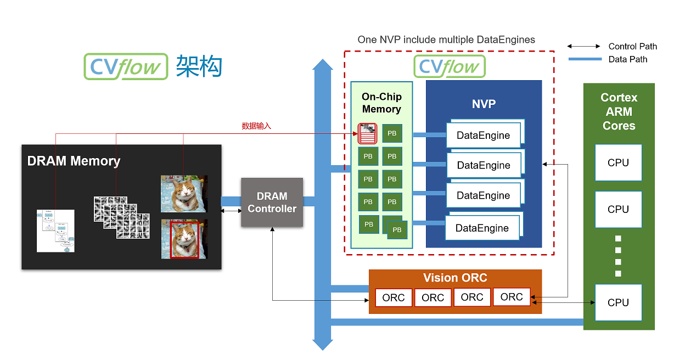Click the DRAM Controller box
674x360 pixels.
272,203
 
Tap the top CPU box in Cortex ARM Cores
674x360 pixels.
618,162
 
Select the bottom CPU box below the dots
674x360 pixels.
618,302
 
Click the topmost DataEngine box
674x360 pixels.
483,136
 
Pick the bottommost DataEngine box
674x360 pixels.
482,228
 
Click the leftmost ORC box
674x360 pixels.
393,298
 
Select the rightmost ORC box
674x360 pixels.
512,297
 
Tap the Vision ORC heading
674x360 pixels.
455,278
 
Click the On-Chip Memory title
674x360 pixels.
381,103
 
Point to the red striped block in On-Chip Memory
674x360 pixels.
367,133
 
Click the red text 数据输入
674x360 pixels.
256,126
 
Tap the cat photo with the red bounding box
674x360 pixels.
184,239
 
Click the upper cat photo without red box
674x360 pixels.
184,194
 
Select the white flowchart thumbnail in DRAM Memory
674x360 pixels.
55,230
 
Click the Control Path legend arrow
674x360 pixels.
584,47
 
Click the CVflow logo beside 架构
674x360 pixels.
126,67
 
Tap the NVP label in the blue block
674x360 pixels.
484,104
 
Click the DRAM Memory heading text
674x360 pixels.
74,161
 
